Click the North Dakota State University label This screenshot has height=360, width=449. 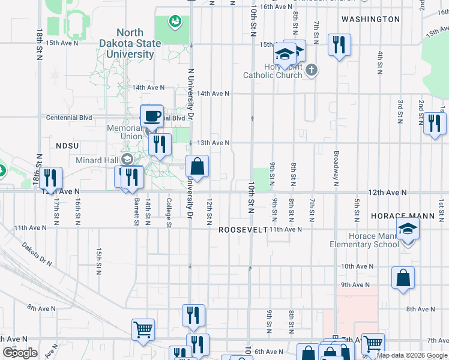(130, 43)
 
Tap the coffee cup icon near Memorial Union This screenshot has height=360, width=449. (151, 115)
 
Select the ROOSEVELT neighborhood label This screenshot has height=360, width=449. (242, 230)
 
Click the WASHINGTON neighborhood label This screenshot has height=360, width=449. (370, 19)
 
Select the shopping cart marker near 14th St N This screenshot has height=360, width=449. (143, 329)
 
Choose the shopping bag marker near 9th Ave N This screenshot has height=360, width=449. (403, 278)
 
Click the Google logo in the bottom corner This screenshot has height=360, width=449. (20, 353)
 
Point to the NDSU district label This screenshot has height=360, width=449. (68, 146)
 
